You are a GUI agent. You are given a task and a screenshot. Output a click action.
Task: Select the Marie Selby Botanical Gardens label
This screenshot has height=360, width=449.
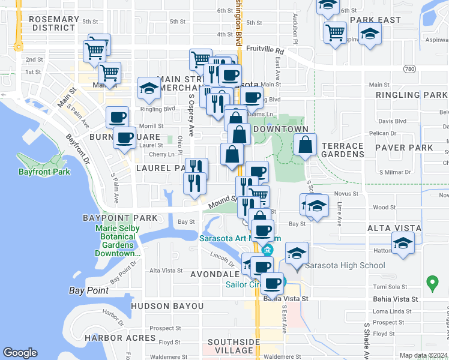117,241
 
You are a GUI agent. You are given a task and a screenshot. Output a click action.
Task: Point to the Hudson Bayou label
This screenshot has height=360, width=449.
167,306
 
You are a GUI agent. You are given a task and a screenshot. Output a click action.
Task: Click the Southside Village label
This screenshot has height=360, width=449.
234,346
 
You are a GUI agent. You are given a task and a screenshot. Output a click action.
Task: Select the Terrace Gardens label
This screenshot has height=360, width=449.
342,151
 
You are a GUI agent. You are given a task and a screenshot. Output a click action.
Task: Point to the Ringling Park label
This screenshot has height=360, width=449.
411,95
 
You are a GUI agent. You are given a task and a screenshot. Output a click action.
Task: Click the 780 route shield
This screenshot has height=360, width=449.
409,69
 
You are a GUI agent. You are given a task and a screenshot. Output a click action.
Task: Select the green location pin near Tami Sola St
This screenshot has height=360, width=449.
431,281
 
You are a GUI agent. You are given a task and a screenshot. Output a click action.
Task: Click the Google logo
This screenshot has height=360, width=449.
20,353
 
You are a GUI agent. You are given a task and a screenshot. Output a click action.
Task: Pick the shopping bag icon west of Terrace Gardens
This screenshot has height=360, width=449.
306,145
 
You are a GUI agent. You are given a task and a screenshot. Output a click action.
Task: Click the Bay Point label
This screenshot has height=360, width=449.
89,291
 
